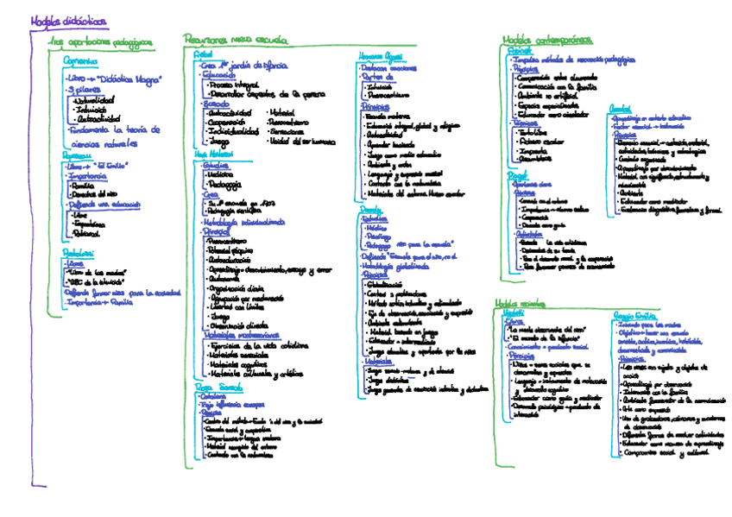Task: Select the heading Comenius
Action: (x=79, y=61)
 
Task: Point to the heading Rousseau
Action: (x=77, y=154)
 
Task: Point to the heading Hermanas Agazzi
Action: (x=380, y=54)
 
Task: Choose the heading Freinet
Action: (x=521, y=52)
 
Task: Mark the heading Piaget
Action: (x=517, y=174)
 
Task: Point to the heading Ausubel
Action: (x=621, y=108)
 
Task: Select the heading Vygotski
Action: (x=513, y=312)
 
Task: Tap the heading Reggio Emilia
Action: (x=635, y=316)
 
